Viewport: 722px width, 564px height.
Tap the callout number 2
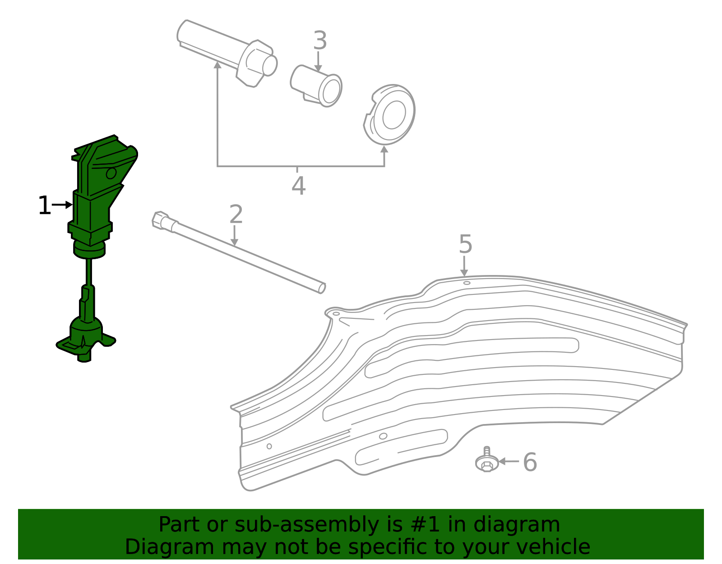coord(236,214)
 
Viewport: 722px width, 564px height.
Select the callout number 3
coord(320,40)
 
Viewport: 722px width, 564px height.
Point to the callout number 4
coord(298,186)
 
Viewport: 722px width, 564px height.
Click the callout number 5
coord(465,244)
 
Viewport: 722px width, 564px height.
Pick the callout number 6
coord(530,462)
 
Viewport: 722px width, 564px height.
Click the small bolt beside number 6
coord(487,460)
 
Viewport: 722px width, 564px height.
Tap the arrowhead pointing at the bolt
coord(502,461)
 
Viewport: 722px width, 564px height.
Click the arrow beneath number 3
coord(318,61)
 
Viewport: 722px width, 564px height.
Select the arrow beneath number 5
coord(464,266)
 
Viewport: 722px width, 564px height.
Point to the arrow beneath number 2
coord(234,236)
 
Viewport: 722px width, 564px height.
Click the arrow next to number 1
coord(62,205)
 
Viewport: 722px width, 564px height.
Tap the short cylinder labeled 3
coord(316,86)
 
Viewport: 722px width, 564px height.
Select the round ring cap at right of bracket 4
coord(389,115)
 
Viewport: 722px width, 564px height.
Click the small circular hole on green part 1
coord(111,173)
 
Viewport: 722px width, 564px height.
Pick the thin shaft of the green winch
coord(89,271)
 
